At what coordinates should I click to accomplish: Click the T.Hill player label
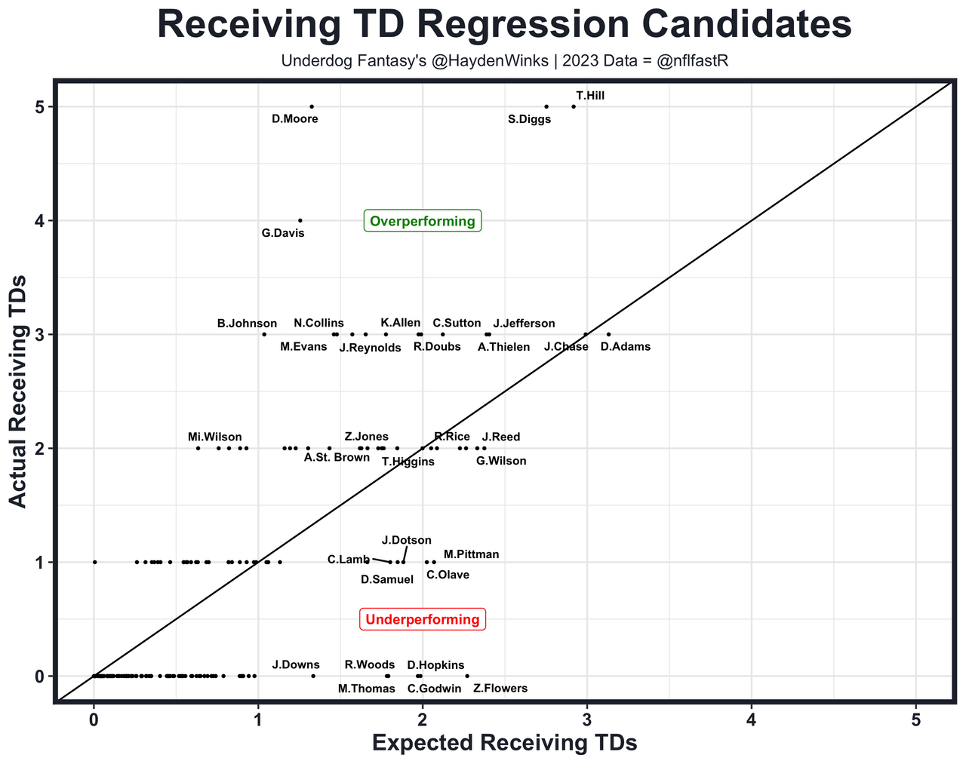[589, 96]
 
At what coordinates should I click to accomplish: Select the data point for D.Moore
[312, 106]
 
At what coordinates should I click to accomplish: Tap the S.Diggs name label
[529, 119]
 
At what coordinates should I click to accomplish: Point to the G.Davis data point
[300, 220]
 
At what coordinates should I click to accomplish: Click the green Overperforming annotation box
[423, 221]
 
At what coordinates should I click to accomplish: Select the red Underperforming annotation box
[423, 619]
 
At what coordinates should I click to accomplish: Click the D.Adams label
[625, 347]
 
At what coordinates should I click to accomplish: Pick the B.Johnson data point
[264, 334]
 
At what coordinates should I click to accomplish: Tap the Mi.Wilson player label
[215, 437]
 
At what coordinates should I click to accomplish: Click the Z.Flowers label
[500, 689]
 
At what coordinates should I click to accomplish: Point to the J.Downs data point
[313, 676]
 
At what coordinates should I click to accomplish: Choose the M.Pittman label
[471, 554]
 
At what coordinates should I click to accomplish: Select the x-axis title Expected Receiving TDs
[505, 743]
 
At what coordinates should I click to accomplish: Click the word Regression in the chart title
[504, 26]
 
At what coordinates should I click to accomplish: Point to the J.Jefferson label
[524, 324]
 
